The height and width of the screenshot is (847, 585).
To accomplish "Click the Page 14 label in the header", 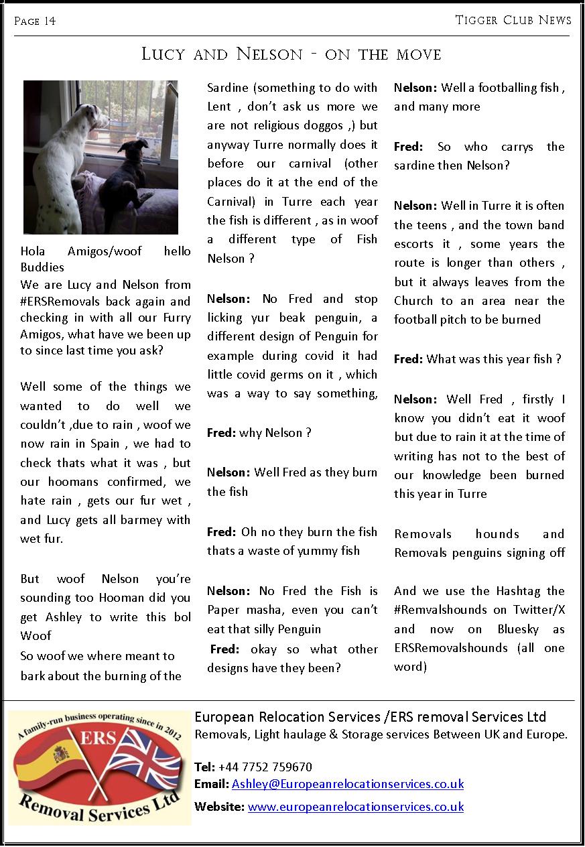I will pyautogui.click(x=35, y=21).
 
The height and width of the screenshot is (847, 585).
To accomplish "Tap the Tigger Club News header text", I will pyautogui.click(x=513, y=20).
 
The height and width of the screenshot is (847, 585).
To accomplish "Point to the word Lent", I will pyautogui.click(x=220, y=107).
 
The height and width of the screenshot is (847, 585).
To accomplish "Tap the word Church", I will pyautogui.click(x=413, y=301).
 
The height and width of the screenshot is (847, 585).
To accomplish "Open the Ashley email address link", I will pyautogui.click(x=347, y=784).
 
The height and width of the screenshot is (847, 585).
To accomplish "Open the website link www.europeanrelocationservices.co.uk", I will pyautogui.click(x=355, y=807).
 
